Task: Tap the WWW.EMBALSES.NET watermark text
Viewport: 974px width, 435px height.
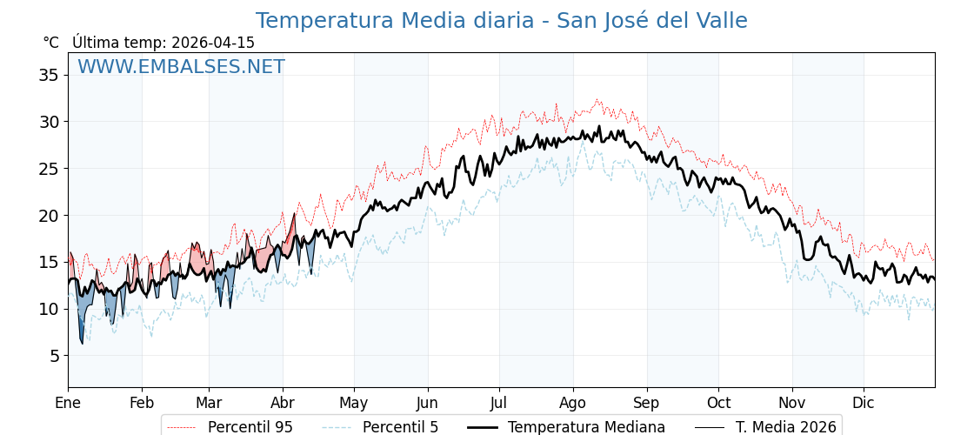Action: point(181,67)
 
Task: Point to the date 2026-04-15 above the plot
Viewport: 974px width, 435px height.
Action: point(213,43)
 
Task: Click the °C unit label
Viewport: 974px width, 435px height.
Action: point(50,43)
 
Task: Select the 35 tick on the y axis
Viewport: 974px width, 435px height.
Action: point(49,75)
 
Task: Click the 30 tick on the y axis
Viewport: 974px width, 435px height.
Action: point(49,122)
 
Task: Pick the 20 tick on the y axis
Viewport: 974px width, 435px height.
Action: point(49,215)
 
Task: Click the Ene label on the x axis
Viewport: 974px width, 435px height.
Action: point(68,403)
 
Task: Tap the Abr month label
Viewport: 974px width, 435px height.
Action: point(283,403)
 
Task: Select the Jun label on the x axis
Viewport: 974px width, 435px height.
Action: point(427,403)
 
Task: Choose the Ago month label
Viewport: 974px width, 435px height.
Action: point(573,403)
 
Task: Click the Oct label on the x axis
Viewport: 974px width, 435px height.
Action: point(718,403)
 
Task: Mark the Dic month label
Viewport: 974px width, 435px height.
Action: point(864,403)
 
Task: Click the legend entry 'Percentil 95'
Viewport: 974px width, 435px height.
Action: point(250,427)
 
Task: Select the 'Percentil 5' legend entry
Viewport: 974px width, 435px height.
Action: point(400,427)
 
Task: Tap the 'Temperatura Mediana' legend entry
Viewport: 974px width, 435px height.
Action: point(586,427)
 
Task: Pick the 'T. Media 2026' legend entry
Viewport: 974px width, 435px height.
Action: point(785,427)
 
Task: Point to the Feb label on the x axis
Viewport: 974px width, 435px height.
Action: point(142,403)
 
